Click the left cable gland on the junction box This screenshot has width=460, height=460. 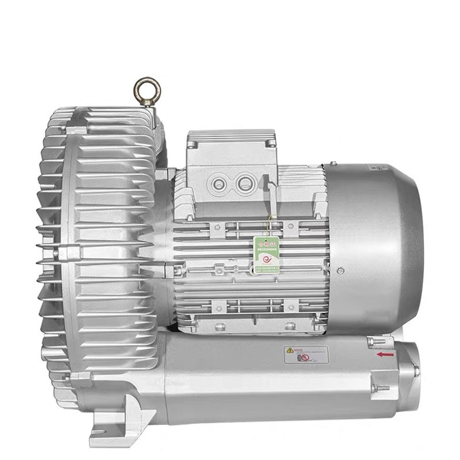[219, 184]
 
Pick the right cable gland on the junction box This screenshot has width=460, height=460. [244, 184]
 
